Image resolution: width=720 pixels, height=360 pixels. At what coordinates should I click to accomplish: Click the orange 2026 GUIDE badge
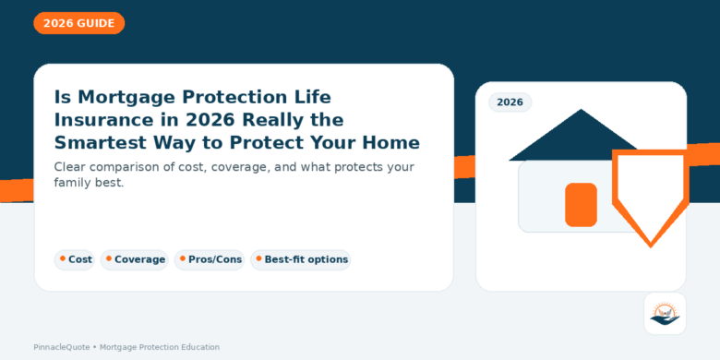point(78,23)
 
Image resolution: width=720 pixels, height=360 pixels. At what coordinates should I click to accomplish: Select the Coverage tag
point(135,259)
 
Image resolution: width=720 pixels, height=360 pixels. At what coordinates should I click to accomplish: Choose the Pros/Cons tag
point(210,259)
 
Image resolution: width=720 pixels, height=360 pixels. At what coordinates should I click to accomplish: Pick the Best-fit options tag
point(301,259)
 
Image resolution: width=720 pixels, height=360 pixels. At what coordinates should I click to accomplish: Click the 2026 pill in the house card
point(510,102)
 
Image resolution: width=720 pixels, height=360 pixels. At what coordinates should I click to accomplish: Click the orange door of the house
point(581,204)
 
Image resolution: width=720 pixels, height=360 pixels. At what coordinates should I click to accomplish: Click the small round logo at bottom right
point(665,313)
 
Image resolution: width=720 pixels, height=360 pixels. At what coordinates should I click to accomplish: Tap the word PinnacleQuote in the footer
point(60,347)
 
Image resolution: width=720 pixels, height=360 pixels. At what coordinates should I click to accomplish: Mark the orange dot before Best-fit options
point(258,258)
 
